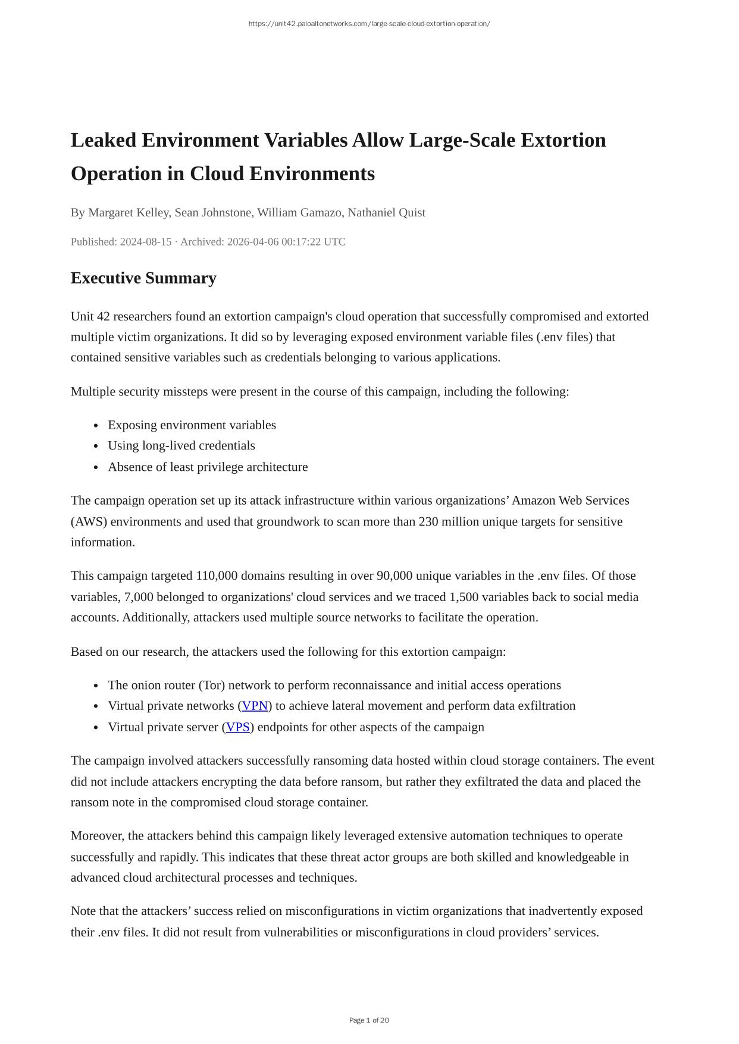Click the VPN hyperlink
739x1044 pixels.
coord(255,706)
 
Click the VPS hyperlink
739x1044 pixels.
coord(238,727)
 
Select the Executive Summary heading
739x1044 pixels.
coord(143,278)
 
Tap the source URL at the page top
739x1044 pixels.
coord(369,24)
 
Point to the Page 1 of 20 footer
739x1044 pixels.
coord(369,1020)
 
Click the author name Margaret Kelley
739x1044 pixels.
coord(128,213)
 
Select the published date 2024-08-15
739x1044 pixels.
coord(146,242)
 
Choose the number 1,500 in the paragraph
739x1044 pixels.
coord(464,597)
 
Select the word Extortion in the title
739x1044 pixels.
coord(563,140)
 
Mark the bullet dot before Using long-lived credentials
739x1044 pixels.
coord(96,446)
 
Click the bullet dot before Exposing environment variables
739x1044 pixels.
coord(96,426)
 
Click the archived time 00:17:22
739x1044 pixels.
coord(303,242)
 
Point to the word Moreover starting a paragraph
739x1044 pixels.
coord(97,836)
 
